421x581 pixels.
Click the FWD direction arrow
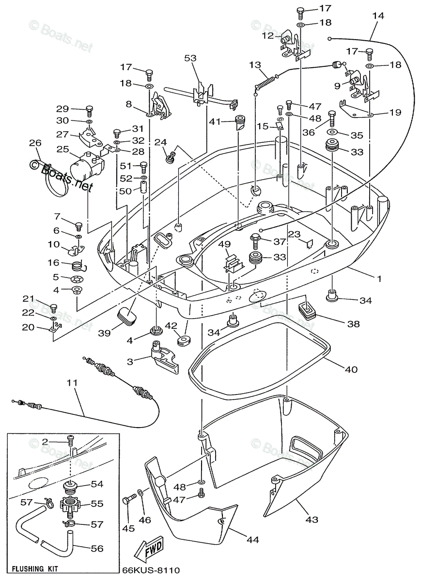[150, 550]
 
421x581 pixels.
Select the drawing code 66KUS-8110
[151, 571]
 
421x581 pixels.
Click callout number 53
[190, 59]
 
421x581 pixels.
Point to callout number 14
[378, 15]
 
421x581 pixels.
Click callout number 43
[312, 520]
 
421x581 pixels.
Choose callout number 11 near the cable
[72, 383]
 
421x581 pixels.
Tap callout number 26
[35, 143]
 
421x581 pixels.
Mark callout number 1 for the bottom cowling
[379, 279]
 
